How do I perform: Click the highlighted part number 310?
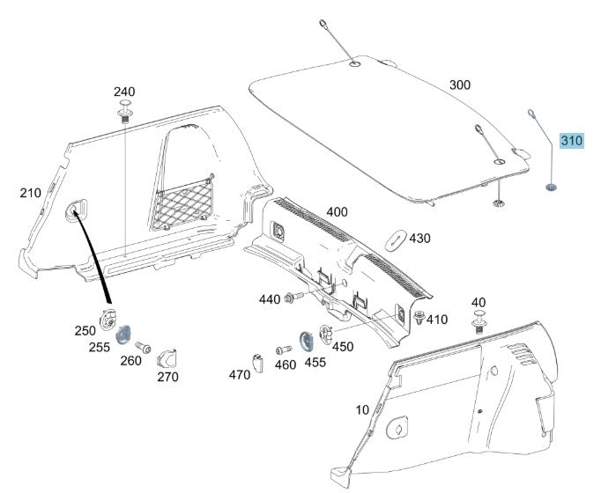(572, 141)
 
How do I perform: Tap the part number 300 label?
(460, 85)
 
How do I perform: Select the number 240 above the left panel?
(124, 92)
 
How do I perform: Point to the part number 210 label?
(31, 192)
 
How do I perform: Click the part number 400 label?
(337, 212)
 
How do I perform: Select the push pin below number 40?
(479, 325)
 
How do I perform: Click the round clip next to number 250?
(108, 319)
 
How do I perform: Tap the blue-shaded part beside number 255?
(124, 334)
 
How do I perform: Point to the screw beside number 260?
(145, 345)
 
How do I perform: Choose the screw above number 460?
(283, 350)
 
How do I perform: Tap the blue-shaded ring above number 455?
(307, 339)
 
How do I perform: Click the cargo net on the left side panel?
(184, 204)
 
